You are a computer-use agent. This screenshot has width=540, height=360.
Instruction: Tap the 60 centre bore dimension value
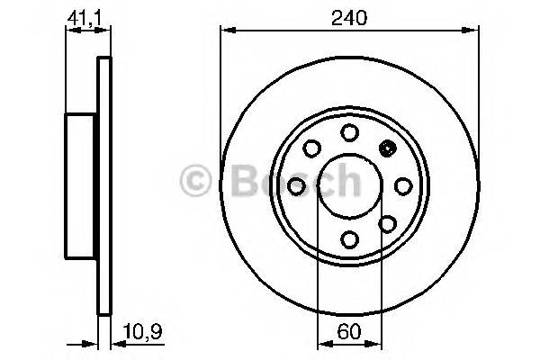point(349,330)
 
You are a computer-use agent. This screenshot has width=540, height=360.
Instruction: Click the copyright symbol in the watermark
point(198,181)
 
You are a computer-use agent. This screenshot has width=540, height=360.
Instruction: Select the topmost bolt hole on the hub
point(349,133)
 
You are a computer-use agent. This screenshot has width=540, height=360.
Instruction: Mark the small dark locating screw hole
point(388,149)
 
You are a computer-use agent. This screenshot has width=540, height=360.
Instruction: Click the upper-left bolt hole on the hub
point(311,148)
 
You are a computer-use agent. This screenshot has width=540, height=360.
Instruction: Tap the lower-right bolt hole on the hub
point(387,222)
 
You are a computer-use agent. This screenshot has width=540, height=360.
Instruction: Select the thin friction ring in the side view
point(103,185)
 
